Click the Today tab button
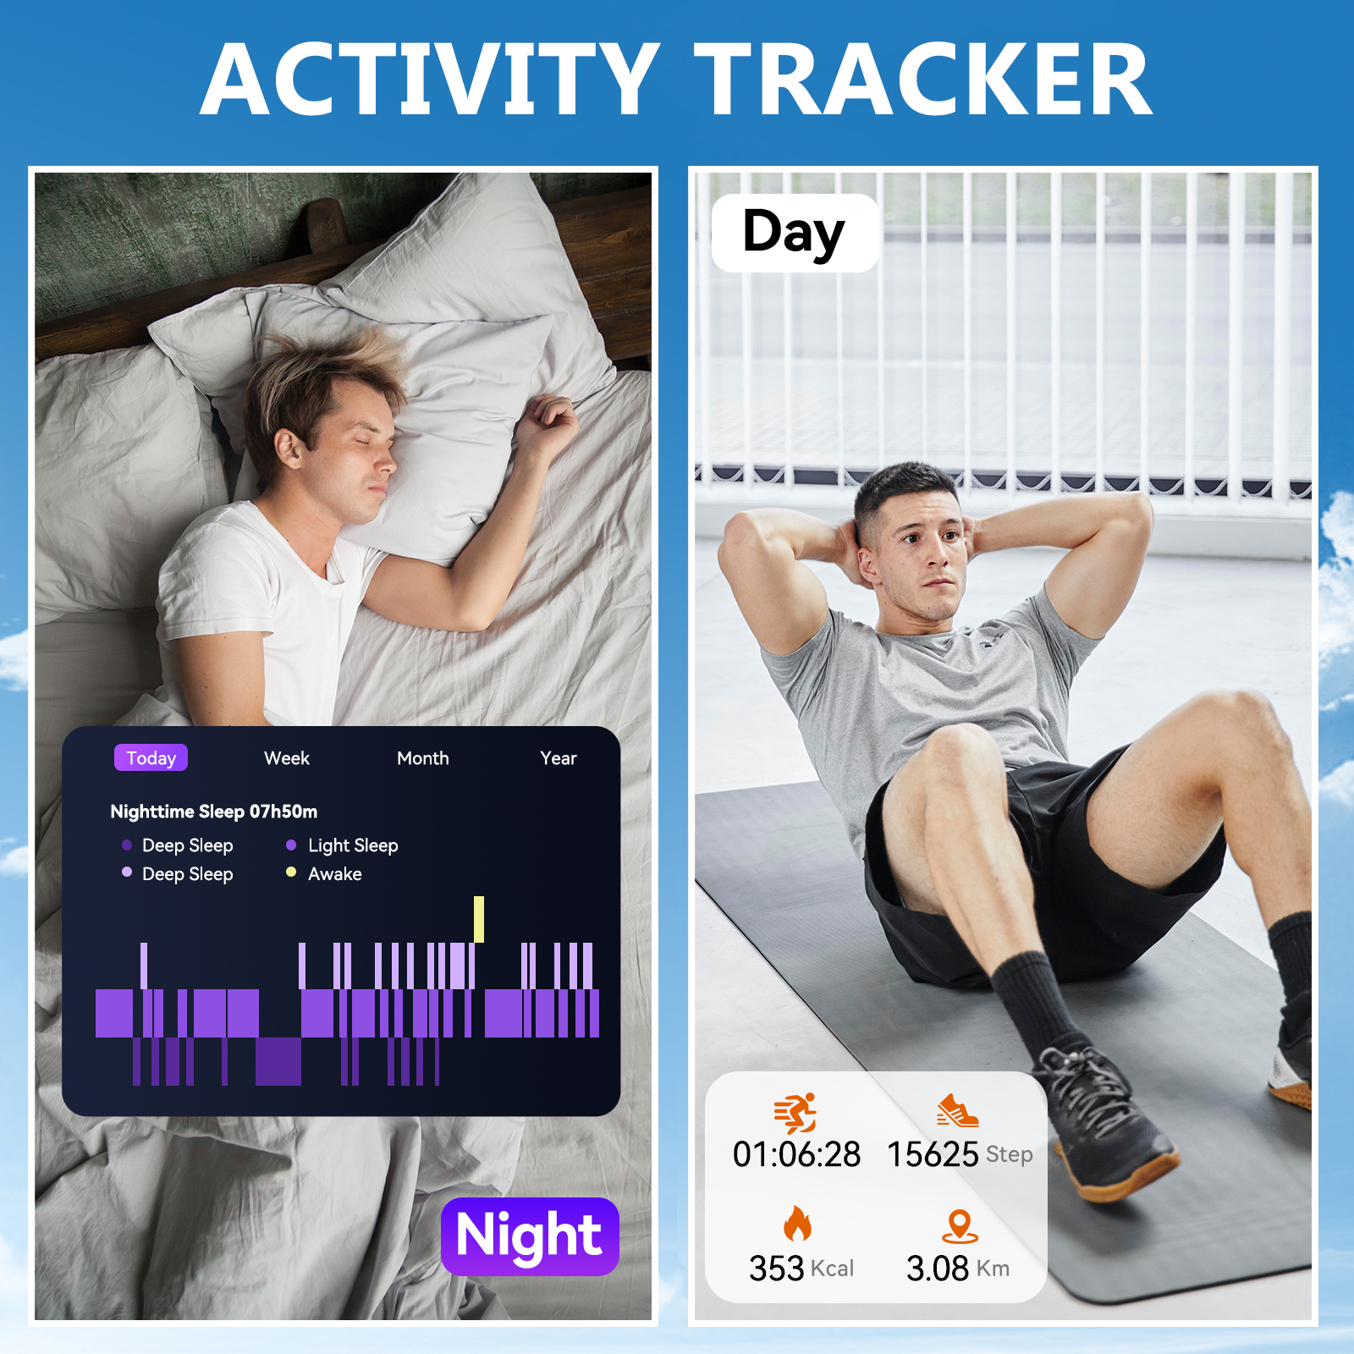click(151, 757)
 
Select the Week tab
click(287, 758)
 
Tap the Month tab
click(423, 758)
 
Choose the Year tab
click(559, 758)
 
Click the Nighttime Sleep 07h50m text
click(214, 812)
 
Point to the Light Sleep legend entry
click(342, 845)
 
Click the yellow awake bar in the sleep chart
click(479, 919)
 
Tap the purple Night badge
click(530, 1236)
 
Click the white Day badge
click(795, 233)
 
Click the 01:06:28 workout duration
click(796, 1154)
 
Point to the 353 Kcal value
click(801, 1269)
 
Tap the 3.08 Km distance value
click(958, 1269)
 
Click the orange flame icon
click(797, 1223)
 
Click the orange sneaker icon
click(958, 1111)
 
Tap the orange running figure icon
click(795, 1114)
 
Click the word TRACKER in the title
click(923, 80)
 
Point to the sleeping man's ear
click(287, 449)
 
